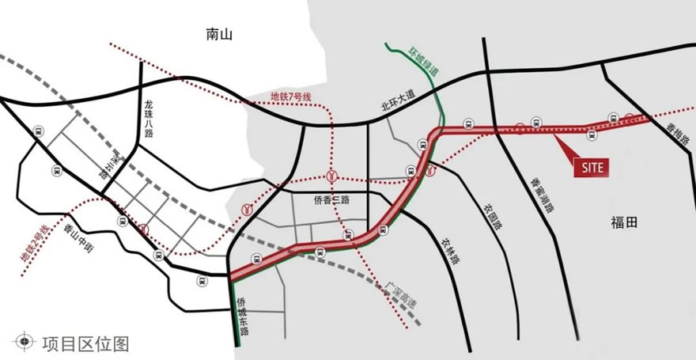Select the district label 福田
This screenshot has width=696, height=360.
click(x=624, y=222)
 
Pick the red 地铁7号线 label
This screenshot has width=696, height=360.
click(x=292, y=97)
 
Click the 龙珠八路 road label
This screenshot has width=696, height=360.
click(x=149, y=119)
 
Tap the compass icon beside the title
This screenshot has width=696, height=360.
click(x=25, y=343)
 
